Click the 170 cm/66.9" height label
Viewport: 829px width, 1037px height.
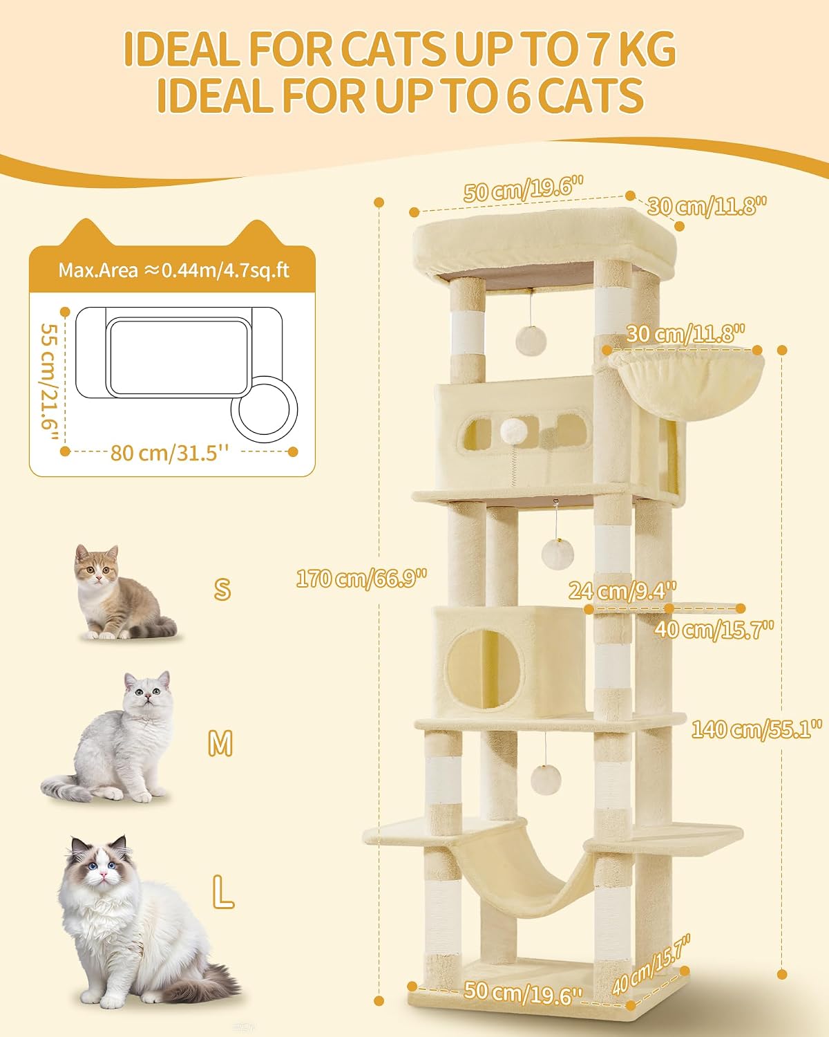click(361, 578)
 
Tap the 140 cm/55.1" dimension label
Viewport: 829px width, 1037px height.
click(756, 729)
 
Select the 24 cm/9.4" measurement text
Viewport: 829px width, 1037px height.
click(622, 591)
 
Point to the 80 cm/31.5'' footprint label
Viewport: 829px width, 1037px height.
click(169, 453)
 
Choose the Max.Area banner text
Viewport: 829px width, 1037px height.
click(174, 270)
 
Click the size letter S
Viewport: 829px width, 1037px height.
click(222, 589)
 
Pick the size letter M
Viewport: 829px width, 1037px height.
click(220, 743)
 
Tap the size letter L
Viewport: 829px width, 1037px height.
click(223, 892)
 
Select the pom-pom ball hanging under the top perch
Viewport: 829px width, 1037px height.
click(531, 341)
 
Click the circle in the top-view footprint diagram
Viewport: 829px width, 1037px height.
click(265, 409)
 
